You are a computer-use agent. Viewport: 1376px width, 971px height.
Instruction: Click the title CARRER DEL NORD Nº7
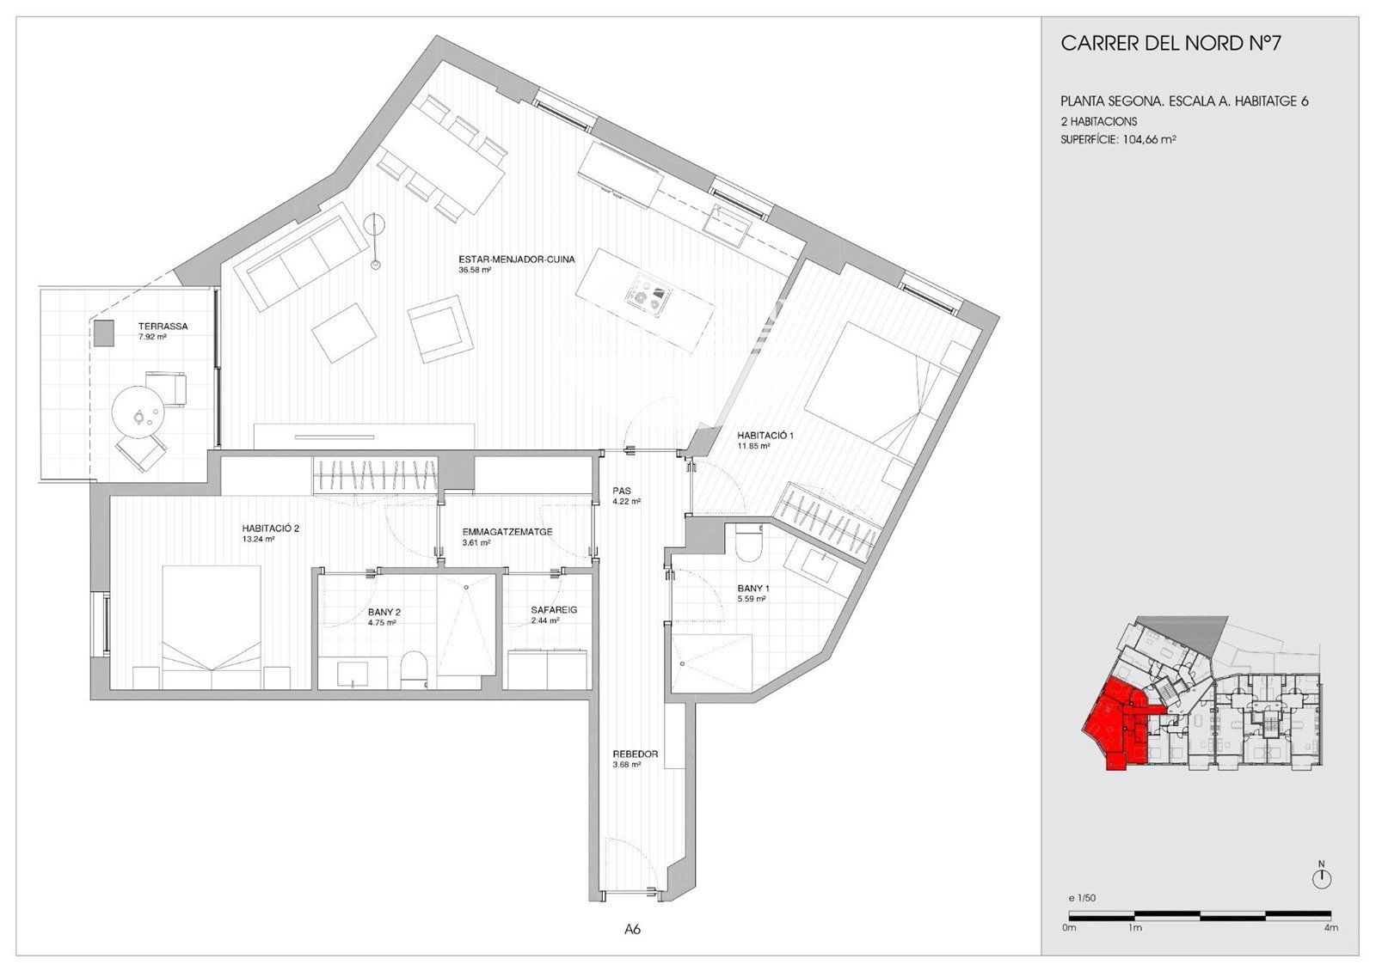1170,44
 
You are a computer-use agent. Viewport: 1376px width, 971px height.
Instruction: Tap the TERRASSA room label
163,327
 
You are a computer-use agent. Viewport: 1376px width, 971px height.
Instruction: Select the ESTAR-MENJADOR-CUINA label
517,260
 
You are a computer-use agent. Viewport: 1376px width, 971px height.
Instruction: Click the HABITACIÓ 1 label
765,436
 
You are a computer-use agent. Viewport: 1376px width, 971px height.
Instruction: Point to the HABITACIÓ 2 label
270,528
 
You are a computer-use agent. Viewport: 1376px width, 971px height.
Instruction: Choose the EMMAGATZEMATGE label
507,532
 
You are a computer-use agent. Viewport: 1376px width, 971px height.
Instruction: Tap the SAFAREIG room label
554,611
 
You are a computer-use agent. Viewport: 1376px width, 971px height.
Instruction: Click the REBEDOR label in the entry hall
636,754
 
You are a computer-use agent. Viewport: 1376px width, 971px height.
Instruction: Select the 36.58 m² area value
474,270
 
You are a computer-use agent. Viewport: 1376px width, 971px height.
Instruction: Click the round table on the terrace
139,412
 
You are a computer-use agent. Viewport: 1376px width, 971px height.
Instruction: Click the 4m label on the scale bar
1331,929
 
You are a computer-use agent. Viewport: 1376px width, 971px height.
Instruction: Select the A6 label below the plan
633,929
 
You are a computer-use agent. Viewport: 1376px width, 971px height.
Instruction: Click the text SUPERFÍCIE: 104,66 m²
1118,139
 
